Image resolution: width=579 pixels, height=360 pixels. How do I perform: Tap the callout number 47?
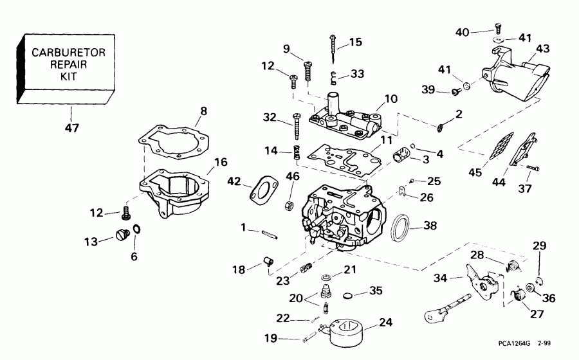(71, 128)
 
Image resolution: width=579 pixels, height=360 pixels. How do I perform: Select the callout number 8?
(203, 111)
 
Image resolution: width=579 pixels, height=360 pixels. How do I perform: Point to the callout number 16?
(221, 162)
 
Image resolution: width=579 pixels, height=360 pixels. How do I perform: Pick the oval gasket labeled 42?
(262, 188)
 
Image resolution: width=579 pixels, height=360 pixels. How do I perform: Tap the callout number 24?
(385, 322)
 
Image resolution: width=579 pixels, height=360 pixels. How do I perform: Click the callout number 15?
(355, 43)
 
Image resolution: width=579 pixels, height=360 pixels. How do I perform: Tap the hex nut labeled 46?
(290, 204)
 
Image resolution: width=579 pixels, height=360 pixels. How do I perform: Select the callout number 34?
(439, 278)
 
